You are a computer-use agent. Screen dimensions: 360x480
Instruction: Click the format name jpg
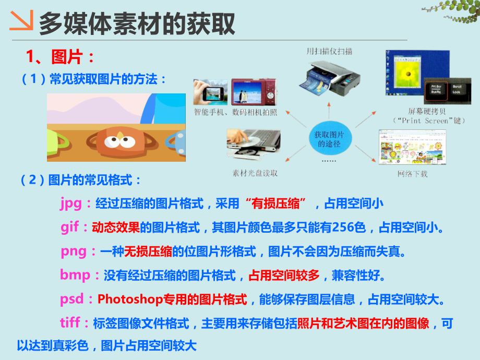point(71,203)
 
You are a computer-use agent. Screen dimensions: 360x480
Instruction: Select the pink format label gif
point(71,227)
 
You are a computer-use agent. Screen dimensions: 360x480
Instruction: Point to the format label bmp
point(75,275)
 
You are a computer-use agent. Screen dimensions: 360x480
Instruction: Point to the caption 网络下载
point(412,174)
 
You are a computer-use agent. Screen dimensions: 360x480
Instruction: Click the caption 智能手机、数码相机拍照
point(236,112)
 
